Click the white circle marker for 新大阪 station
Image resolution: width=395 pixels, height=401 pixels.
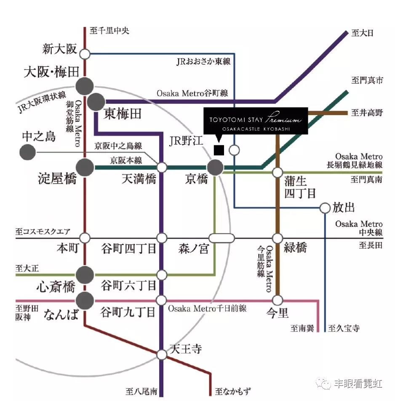point(85,54)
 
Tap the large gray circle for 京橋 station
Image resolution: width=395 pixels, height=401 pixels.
point(216,167)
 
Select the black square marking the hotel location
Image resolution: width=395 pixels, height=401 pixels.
point(219,150)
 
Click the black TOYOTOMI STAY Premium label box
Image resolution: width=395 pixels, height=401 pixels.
point(256,121)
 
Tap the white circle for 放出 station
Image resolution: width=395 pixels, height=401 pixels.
point(325,208)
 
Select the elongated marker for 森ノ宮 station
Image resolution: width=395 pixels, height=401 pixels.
point(222,238)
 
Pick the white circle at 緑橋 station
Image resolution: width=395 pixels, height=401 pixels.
point(277,238)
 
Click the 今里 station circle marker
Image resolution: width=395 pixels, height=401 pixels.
point(277,300)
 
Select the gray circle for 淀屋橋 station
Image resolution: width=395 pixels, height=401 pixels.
point(85,167)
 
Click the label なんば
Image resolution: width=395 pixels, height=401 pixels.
point(61,314)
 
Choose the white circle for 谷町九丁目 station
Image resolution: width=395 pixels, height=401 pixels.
point(161,301)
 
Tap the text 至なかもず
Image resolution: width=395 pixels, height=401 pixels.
point(232,392)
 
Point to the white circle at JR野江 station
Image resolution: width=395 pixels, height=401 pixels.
point(235,150)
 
